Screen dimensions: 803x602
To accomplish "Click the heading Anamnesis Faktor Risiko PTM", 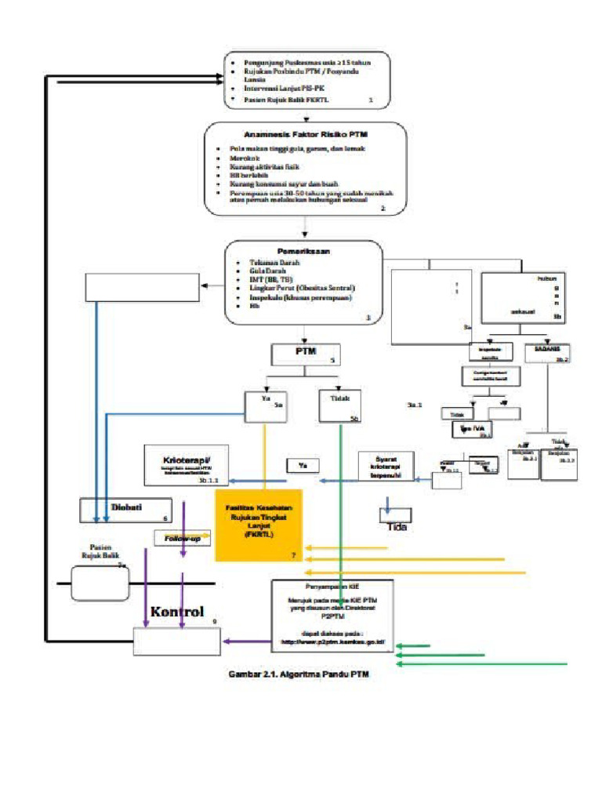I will click(x=306, y=134).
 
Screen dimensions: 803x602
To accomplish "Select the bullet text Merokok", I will click(x=243, y=157).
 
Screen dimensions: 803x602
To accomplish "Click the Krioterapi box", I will click(x=187, y=463).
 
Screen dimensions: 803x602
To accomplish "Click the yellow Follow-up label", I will click(x=182, y=539).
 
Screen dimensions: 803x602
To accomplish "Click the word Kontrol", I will click(x=177, y=612).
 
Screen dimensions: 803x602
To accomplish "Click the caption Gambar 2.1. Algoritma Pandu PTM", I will click(x=298, y=674).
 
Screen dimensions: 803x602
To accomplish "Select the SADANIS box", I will click(x=546, y=353).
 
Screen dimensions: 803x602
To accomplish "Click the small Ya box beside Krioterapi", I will click(x=302, y=466).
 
